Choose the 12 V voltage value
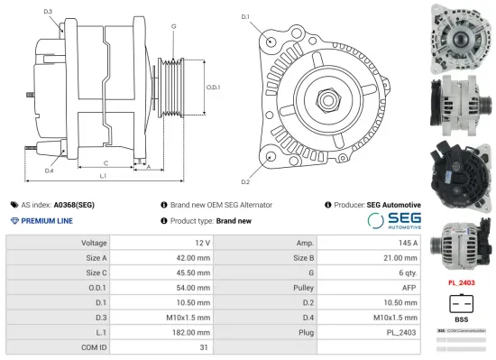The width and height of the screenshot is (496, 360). click(202, 244)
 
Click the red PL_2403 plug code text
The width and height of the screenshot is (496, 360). click(462, 282)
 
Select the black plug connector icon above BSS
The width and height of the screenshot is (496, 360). click(462, 302)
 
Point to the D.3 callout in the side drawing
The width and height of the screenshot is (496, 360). click(47, 12)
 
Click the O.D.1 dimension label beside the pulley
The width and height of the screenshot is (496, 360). click(213, 87)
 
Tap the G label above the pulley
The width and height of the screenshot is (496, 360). click(173, 26)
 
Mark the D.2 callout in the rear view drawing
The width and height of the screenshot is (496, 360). click(244, 157)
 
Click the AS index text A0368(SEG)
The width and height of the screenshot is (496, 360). click(73, 205)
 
